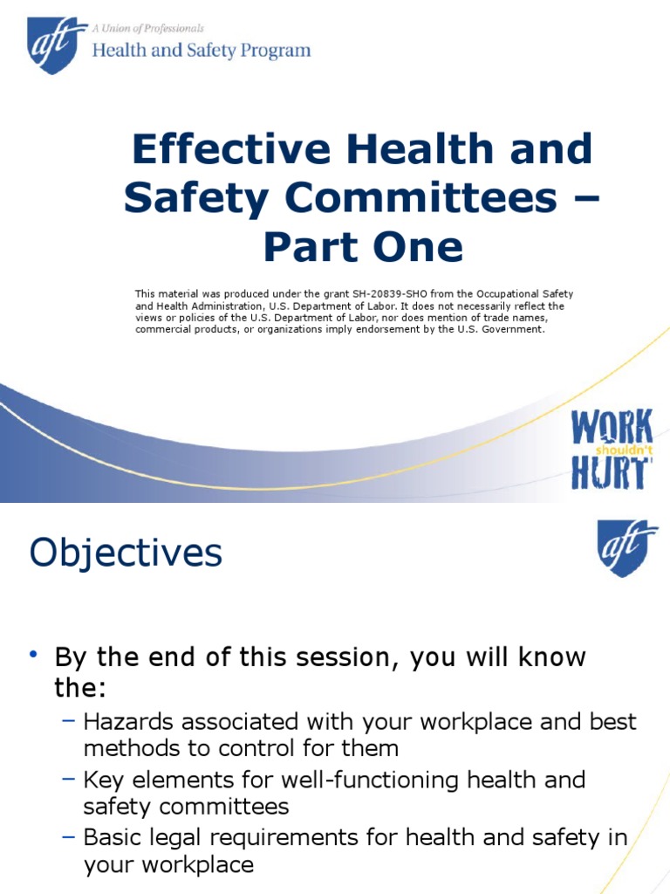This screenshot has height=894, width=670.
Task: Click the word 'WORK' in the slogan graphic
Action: [x=612, y=428]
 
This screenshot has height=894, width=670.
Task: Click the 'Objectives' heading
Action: [x=126, y=553]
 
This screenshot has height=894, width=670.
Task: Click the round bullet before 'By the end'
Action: [x=33, y=655]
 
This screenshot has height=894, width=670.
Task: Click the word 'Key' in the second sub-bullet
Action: [x=103, y=780]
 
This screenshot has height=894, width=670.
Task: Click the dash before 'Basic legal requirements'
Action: [x=70, y=837]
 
